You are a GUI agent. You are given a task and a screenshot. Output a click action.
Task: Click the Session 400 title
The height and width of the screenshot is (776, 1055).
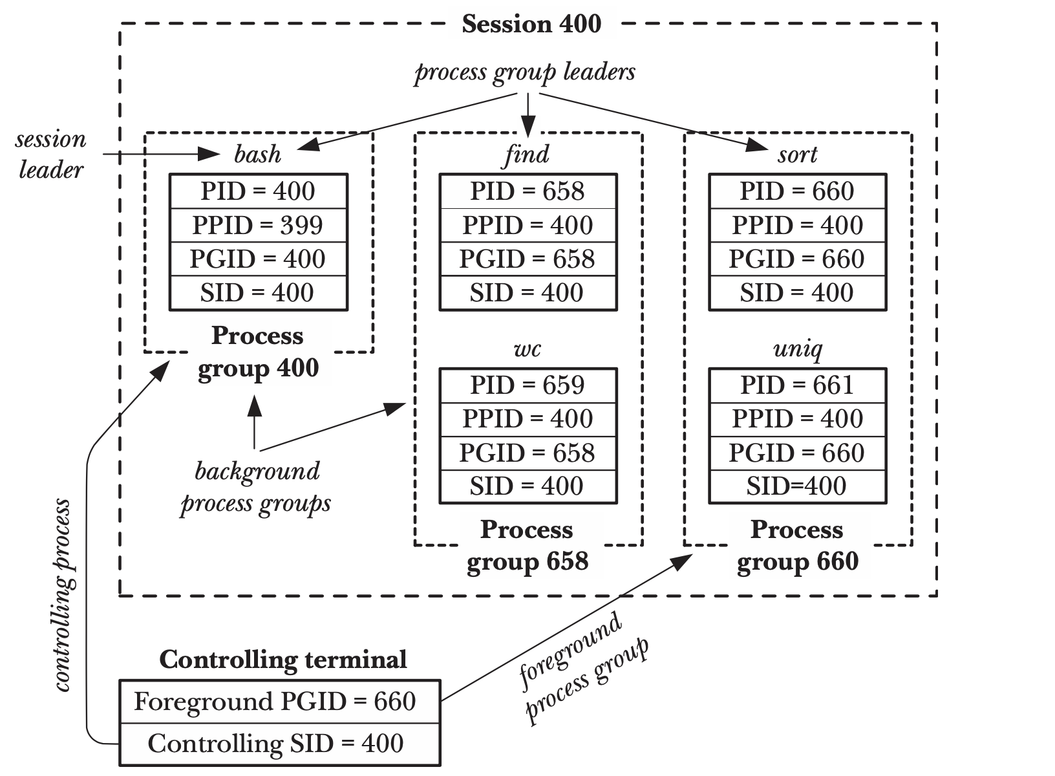pos(531,25)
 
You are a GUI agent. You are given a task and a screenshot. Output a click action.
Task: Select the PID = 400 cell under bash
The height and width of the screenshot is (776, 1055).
pos(258,191)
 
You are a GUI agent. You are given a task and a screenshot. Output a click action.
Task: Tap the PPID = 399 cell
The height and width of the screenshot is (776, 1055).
pos(258,225)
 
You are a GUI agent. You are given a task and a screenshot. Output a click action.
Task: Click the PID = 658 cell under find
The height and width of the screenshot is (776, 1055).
pos(527,191)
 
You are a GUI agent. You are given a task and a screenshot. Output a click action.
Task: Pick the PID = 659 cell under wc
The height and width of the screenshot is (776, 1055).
pos(527,385)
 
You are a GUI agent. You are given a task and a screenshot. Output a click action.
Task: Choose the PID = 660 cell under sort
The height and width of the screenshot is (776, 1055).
pos(797,191)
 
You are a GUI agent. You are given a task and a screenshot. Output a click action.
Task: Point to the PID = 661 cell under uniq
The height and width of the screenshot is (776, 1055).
pos(797,385)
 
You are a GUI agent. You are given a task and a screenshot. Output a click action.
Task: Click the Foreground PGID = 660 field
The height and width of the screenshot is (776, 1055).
pos(276,702)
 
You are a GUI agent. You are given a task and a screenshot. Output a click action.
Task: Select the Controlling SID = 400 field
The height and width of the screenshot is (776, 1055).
pos(276,744)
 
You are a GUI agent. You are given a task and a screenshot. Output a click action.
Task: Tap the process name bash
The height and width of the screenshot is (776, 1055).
pos(258,155)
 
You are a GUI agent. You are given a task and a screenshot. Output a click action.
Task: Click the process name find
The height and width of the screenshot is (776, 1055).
pos(527,155)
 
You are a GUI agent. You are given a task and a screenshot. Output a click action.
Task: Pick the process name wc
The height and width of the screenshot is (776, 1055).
pos(527,350)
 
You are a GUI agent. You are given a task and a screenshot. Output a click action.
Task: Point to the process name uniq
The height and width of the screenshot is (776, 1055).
pos(798,350)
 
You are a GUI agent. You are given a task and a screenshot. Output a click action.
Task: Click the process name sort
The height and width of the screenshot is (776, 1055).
pos(798,155)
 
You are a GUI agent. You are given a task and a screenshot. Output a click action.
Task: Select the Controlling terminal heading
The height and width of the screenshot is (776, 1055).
pos(283,660)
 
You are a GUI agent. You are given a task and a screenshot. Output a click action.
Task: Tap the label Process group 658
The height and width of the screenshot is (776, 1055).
pos(527,546)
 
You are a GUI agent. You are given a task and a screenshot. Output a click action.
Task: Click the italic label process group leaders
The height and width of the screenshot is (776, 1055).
pos(525,72)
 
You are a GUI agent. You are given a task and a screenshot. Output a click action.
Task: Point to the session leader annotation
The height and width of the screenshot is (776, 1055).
pos(50,155)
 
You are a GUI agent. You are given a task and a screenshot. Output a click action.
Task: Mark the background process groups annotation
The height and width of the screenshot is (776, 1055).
pos(257,487)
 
